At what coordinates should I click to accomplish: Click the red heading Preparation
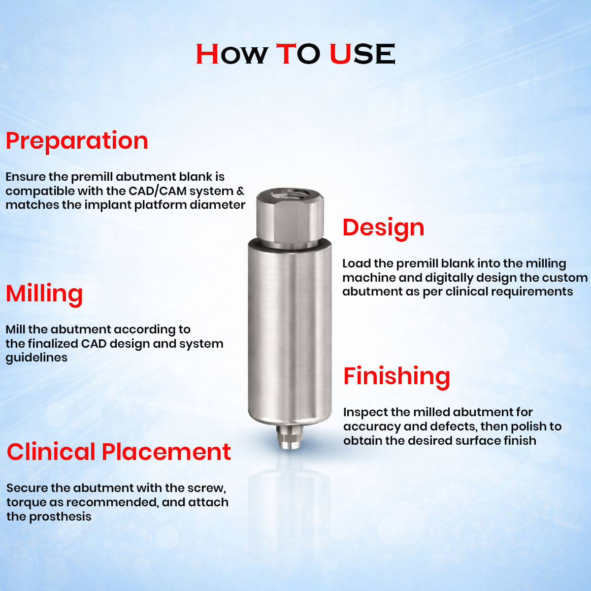pos(77,141)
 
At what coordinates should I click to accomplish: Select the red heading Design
pos(383,228)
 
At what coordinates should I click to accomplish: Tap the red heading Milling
pos(44,294)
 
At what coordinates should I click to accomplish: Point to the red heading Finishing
pos(396,376)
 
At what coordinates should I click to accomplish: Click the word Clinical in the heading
pos(51,452)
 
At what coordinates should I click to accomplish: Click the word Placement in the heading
pos(166,452)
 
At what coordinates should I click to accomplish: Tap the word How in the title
pos(232,54)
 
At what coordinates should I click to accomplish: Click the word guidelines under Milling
pos(36,358)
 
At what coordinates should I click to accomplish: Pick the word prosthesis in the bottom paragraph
pos(60,517)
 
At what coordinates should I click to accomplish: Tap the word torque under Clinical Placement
pos(26,503)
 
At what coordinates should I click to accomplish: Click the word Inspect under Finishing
pos(362,412)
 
